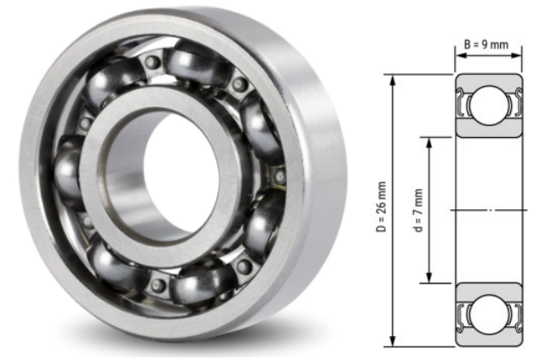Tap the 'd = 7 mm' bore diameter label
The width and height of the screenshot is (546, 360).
pyautogui.click(x=417, y=209)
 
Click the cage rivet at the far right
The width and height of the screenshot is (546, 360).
pyautogui.click(x=280, y=176)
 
